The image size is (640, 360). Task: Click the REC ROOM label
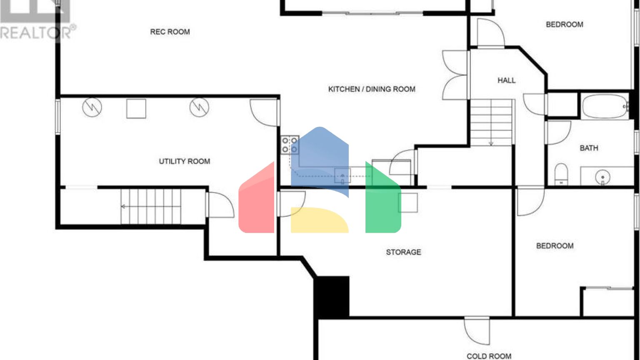(x=170, y=32)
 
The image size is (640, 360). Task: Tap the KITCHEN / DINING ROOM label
(x=372, y=89)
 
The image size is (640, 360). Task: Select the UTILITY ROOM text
(x=184, y=161)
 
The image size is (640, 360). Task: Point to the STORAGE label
(x=403, y=252)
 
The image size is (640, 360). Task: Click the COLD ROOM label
(x=489, y=356)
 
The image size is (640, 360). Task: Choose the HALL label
(x=507, y=80)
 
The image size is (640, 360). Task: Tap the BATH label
(x=589, y=148)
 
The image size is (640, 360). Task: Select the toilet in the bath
(x=561, y=174)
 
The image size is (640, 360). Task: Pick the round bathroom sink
(x=602, y=177)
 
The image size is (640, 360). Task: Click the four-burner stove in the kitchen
(x=290, y=145)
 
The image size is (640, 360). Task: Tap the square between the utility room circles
(x=136, y=109)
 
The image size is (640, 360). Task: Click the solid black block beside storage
(x=331, y=297)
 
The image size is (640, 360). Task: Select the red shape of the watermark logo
(x=256, y=200)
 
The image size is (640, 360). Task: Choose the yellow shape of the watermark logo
(x=320, y=220)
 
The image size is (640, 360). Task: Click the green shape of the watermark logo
(x=383, y=200)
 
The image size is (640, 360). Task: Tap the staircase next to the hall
(x=492, y=122)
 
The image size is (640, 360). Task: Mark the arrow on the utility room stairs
(x=151, y=206)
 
